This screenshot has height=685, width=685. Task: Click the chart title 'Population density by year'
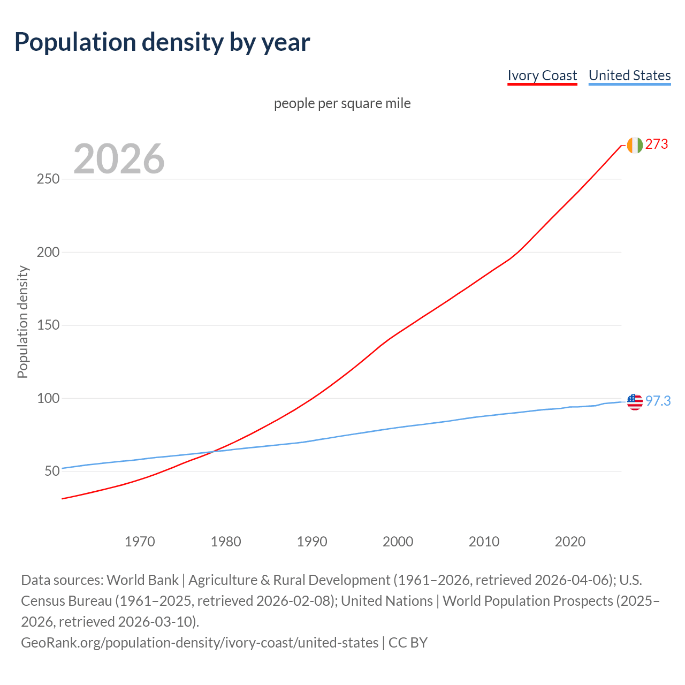[x=162, y=42]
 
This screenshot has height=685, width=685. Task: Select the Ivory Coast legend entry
[x=542, y=75]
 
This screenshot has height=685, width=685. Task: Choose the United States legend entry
[x=629, y=75]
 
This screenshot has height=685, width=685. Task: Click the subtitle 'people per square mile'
[x=342, y=103]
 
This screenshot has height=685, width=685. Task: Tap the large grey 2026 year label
[x=119, y=159]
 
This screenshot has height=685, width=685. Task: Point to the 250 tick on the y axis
[x=48, y=179]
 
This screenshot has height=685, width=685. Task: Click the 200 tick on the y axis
[x=48, y=252]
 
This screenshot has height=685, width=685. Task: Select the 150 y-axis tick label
[x=48, y=325]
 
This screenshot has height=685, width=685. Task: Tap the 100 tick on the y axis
[x=48, y=398]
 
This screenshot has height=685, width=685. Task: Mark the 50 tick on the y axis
[x=51, y=471]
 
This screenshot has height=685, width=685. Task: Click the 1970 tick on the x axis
[x=140, y=542]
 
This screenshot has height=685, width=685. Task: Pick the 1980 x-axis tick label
[x=226, y=542]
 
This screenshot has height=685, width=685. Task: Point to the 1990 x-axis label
[x=312, y=542]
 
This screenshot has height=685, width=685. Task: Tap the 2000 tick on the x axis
[x=398, y=542]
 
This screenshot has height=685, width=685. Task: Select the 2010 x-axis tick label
[x=484, y=542]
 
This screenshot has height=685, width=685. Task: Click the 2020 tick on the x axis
[x=570, y=542]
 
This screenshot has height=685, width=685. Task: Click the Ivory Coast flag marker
[x=635, y=145]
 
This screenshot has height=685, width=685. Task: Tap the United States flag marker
[x=635, y=401]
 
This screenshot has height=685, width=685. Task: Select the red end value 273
[x=657, y=144]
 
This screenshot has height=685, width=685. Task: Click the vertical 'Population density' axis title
[x=22, y=322]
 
